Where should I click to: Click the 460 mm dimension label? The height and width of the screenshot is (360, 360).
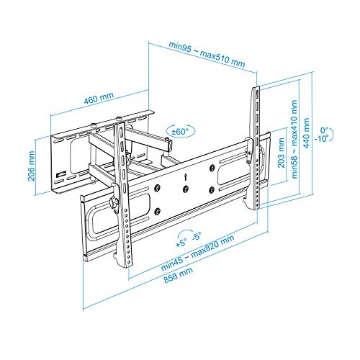(x=99, y=98)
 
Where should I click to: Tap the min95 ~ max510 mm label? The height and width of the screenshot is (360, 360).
(x=207, y=54)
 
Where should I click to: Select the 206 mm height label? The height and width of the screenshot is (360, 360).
(x=32, y=166)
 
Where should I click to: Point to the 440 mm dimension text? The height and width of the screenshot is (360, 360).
(x=306, y=132)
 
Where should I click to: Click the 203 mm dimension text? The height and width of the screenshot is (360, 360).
(x=281, y=153)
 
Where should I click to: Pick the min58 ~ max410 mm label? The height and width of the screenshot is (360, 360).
(x=294, y=139)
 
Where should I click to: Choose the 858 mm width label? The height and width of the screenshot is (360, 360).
(x=178, y=275)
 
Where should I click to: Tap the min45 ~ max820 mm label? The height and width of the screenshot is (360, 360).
(x=197, y=253)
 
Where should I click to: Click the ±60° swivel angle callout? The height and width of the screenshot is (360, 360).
(x=181, y=131)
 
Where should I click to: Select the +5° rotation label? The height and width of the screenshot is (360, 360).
(x=181, y=243)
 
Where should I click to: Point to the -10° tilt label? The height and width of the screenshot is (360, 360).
(x=322, y=139)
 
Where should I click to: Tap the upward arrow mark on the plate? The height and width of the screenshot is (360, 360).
(x=185, y=177)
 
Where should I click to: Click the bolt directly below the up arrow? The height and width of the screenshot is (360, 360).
(x=185, y=189)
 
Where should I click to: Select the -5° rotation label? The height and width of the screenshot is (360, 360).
(x=197, y=236)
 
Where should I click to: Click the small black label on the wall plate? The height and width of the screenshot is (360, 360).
(x=61, y=174)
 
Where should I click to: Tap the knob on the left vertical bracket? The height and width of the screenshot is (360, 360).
(x=113, y=202)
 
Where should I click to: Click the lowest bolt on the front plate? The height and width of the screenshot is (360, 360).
(x=157, y=211)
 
